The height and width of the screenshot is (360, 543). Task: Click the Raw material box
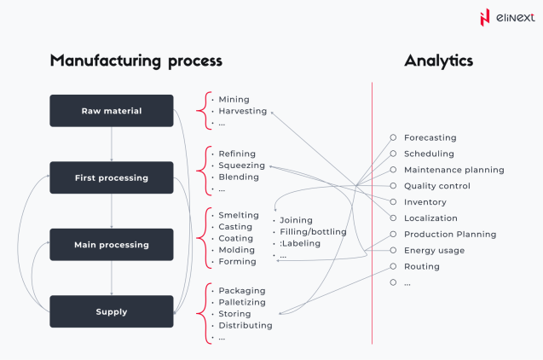[x=112, y=111]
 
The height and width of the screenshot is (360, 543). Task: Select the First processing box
[x=112, y=177]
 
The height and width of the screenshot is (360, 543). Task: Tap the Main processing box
[x=112, y=245]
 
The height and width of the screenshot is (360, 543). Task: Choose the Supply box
[x=112, y=311]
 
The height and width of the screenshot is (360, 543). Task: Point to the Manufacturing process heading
[x=136, y=61]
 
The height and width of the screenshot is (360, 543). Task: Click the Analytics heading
[x=438, y=61]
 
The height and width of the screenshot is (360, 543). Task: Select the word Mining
[x=234, y=99]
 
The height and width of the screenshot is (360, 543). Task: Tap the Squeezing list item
[x=241, y=165]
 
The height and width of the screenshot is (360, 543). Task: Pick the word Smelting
[x=239, y=215]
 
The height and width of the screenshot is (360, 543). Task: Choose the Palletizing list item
[x=242, y=302]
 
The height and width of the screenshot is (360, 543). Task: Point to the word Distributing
[x=246, y=325]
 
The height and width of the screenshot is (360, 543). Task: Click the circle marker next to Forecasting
[x=393, y=137]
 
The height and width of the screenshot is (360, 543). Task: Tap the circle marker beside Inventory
[x=393, y=202]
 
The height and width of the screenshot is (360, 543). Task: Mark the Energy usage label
[x=434, y=250]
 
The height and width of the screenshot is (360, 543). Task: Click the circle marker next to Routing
[x=393, y=266]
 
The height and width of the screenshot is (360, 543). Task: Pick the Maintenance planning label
[x=453, y=170]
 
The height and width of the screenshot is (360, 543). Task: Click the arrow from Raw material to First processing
[x=112, y=144]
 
